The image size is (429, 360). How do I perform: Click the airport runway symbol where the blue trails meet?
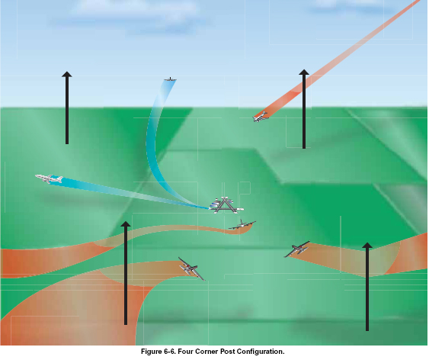pos(226,205)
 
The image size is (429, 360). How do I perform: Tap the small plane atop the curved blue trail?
pos(170,79)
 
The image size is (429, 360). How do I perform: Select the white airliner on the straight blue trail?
pos(50,178)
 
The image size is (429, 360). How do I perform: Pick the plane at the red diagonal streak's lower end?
pos(260,117)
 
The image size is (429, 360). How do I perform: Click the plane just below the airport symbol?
pos(242,225)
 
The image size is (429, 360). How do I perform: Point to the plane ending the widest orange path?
pos(191,268)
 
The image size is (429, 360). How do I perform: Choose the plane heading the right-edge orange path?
pos(297,249)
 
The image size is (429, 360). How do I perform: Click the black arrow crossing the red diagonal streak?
pos(304,108)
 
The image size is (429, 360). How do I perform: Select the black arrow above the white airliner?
pos(67,108)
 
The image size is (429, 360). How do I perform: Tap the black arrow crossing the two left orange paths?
pos(126,273)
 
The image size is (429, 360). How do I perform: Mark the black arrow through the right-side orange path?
pos(367,286)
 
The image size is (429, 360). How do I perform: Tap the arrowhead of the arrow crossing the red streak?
pos(304,72)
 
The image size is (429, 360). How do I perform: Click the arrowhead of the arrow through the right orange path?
pos(367,245)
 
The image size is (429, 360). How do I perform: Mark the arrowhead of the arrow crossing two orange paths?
pos(126,224)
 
